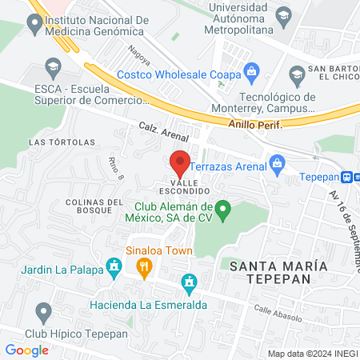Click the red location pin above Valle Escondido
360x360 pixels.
click(180, 163)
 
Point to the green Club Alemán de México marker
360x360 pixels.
click(225, 210)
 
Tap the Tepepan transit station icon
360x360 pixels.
click(350, 177)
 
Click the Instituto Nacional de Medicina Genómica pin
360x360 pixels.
click(34, 25)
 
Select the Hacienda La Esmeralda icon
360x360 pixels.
click(189, 282)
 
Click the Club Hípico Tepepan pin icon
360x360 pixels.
click(44, 312)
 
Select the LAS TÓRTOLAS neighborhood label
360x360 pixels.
click(62, 142)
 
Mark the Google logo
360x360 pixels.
click(26, 350)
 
